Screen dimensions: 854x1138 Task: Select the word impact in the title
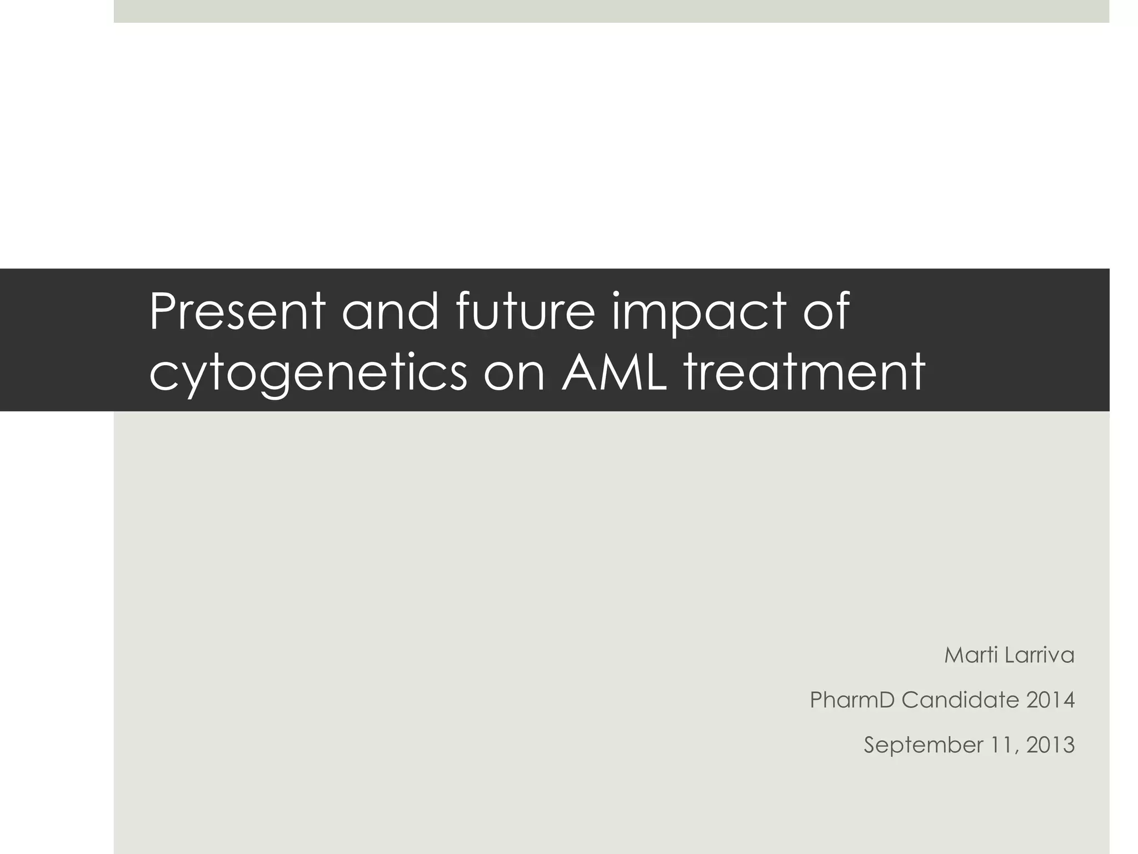(x=699, y=312)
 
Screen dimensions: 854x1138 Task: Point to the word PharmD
(x=852, y=699)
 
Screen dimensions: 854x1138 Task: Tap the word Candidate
(x=960, y=699)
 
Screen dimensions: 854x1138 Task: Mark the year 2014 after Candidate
(x=1050, y=699)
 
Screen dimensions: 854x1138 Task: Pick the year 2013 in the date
(x=1050, y=744)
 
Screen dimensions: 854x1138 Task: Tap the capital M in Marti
(x=955, y=655)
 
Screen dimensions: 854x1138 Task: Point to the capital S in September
(x=870, y=744)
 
